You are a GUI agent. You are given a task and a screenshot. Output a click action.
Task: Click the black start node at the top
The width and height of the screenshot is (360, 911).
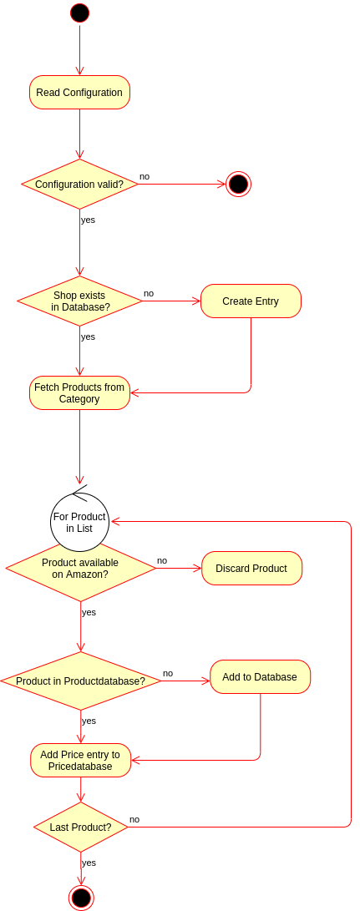79,13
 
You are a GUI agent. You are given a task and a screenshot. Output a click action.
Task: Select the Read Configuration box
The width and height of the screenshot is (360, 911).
79,93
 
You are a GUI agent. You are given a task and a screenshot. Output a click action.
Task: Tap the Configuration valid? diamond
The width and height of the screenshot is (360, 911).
79,185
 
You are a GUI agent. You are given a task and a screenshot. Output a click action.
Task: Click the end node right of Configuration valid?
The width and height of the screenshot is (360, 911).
238,185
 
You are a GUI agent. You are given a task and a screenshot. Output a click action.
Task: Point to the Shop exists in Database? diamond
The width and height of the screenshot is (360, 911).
79,301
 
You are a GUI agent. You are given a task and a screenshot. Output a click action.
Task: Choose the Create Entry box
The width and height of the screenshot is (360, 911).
251,301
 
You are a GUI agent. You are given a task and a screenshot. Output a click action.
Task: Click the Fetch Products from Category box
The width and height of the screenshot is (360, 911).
79,392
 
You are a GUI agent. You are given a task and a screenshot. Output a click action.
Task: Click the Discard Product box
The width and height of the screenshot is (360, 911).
251,568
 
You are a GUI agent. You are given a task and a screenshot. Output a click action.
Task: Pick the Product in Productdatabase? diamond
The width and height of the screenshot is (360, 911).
81,681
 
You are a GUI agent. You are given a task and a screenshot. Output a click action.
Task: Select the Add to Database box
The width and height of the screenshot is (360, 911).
260,677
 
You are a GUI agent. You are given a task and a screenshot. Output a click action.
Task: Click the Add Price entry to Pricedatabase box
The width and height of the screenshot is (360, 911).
81,761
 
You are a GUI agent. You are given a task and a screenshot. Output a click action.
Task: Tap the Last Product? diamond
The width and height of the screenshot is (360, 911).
81,827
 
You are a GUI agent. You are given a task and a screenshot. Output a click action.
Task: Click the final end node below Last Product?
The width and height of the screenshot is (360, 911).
81,898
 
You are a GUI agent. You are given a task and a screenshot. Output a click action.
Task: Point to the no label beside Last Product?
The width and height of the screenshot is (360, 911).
134,819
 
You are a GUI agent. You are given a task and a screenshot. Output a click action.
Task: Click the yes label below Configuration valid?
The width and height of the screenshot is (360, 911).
88,220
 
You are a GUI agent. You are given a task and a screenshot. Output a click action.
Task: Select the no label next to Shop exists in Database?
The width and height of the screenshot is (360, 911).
149,293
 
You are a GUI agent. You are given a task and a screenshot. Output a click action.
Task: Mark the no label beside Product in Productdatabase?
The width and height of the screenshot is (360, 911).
168,673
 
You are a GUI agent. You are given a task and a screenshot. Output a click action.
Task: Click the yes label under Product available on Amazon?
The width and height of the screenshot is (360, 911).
89,612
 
